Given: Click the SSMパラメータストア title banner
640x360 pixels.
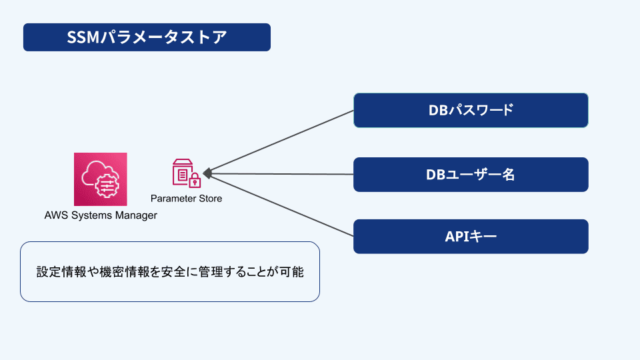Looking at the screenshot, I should pos(147,37).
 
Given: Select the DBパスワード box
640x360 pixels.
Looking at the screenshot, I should pos(471,110).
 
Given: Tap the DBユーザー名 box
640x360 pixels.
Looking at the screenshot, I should pos(471,175).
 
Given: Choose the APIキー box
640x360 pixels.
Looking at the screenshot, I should pos(471,237).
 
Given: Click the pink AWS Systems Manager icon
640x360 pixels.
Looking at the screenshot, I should pos(100,179).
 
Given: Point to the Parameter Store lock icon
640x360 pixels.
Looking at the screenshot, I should pos(187,173).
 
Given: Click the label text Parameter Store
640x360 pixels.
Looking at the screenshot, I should pos(187,199).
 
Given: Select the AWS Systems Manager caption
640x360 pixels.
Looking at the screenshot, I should pos(101,215).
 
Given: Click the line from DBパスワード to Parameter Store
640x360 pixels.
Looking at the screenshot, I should pos(280,142).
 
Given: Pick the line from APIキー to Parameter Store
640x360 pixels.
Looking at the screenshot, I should pos(280,205).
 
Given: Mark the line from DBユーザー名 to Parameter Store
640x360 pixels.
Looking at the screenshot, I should pos(280,174).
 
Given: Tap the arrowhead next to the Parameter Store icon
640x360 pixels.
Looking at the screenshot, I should pos(207,173).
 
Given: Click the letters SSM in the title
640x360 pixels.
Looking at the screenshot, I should pos(83,37).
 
